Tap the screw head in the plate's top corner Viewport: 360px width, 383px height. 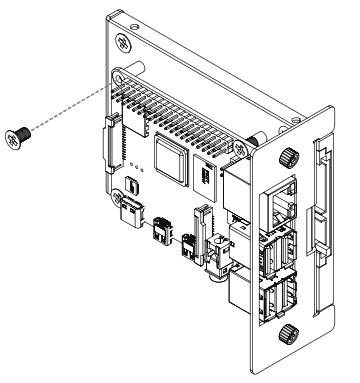tap(122, 43)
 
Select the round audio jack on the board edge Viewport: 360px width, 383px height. tap(214, 266)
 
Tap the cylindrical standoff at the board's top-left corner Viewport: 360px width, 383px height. tap(122, 75)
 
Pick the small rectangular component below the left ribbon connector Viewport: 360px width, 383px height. tap(136, 186)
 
